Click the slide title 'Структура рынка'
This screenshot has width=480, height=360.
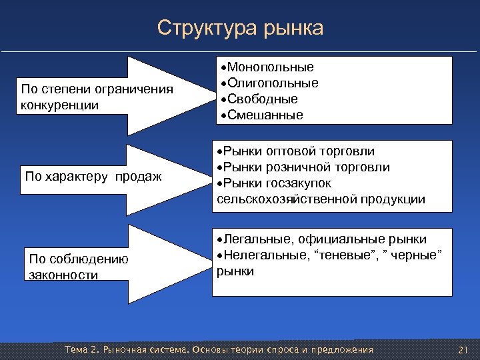pyautogui.click(x=240, y=28)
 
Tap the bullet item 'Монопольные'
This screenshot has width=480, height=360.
pyautogui.click(x=270, y=67)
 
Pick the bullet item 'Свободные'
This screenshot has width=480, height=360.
pyautogui.click(x=262, y=99)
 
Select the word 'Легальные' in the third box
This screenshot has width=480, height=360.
pyautogui.click(x=252, y=239)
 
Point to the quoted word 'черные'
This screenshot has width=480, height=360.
pyautogui.click(x=415, y=255)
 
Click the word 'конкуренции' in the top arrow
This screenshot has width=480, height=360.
pyautogui.click(x=59, y=105)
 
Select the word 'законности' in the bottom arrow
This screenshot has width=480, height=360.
pyautogui.click(x=64, y=275)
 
